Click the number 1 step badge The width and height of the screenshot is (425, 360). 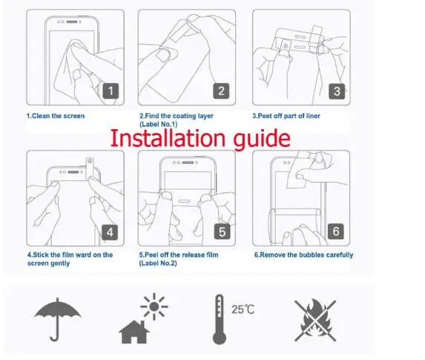coord(111,91)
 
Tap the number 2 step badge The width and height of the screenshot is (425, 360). coord(221,91)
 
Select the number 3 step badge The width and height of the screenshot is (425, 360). coord(337,91)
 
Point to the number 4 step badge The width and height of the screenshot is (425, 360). coord(110,232)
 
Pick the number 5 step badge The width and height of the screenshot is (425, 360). coord(222,232)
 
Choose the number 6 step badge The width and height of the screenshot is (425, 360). coord(336,231)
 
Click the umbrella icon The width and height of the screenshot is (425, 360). coord(57,319)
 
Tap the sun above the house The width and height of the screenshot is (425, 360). coord(154,307)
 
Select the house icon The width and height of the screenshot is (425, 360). coord(134,332)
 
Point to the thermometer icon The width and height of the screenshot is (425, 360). coord(220,319)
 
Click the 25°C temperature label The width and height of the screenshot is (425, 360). coord(243,310)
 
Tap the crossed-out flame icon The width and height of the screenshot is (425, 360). coord(315,321)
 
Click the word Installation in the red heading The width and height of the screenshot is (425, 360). coord(168,138)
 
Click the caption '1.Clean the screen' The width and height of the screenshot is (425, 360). coord(56,116)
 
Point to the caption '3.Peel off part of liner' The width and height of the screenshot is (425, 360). coord(286,116)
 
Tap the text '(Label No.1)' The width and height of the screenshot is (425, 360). coord(158,124)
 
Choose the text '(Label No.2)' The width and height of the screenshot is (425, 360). coord(158,264)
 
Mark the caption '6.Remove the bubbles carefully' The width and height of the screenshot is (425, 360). coord(303,255)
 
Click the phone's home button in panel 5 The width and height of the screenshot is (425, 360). coord(184,201)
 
